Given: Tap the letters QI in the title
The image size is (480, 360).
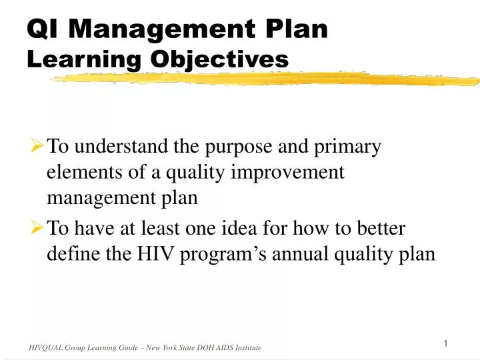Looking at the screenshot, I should (44, 29).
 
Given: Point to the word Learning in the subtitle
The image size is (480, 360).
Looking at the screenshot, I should (87, 59).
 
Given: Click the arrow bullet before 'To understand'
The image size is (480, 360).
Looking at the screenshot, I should (37, 146).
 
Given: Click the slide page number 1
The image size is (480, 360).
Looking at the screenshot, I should (445, 343).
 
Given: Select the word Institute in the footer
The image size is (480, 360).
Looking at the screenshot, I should (247, 348).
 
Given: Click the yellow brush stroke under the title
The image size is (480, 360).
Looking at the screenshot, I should (267, 79).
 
